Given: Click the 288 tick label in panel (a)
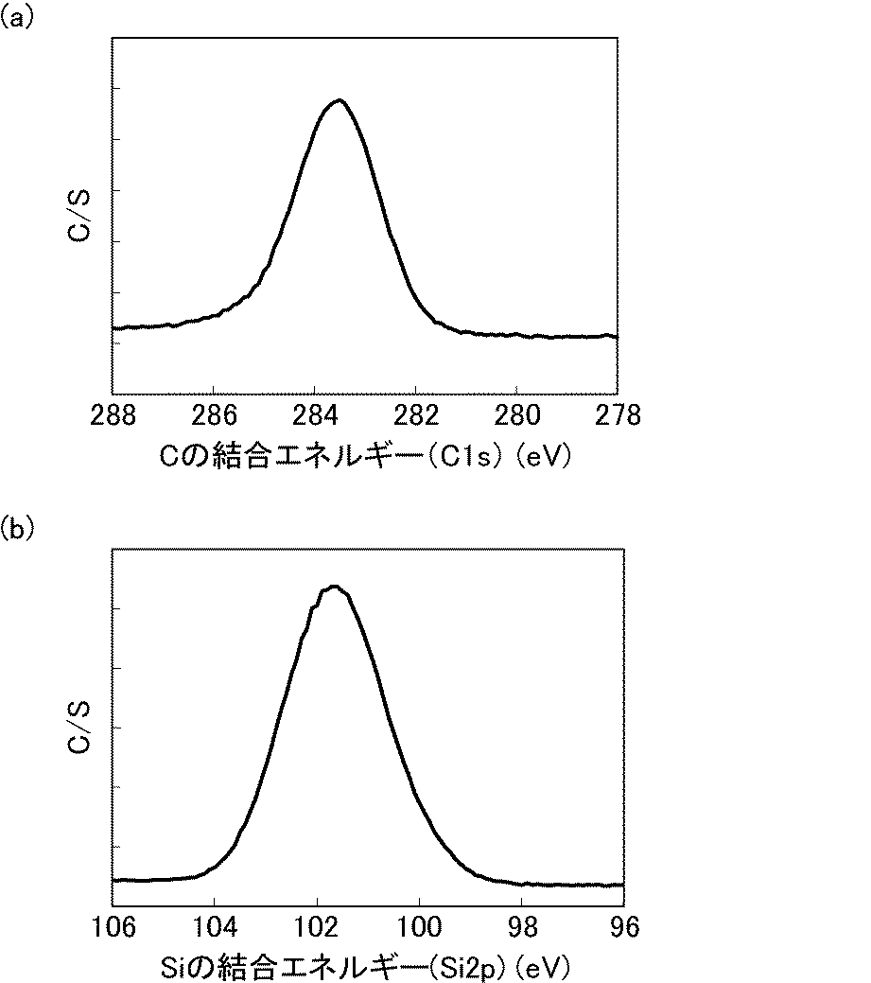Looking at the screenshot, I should point(113,415).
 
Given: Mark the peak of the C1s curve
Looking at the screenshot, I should point(338,100).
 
